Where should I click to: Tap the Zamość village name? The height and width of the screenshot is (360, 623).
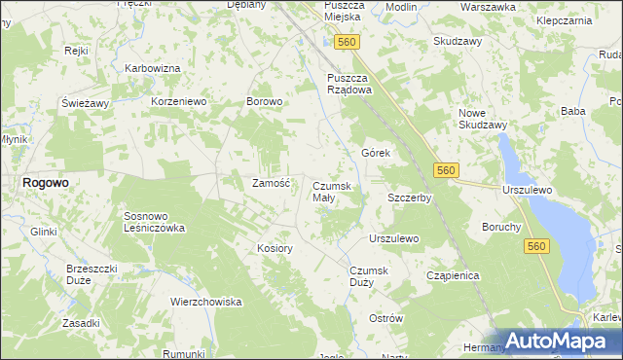(x=272, y=183)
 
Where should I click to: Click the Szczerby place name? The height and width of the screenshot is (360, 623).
(x=409, y=198)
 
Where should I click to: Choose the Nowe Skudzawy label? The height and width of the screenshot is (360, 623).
(x=483, y=119)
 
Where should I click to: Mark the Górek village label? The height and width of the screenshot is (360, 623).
(x=376, y=154)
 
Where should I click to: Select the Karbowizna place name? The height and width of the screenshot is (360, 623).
(x=154, y=69)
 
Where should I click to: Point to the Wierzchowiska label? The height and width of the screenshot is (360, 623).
(x=205, y=302)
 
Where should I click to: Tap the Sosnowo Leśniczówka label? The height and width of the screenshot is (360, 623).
(x=154, y=222)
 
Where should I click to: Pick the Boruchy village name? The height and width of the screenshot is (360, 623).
(x=501, y=227)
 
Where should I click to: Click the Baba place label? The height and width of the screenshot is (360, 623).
(x=572, y=112)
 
